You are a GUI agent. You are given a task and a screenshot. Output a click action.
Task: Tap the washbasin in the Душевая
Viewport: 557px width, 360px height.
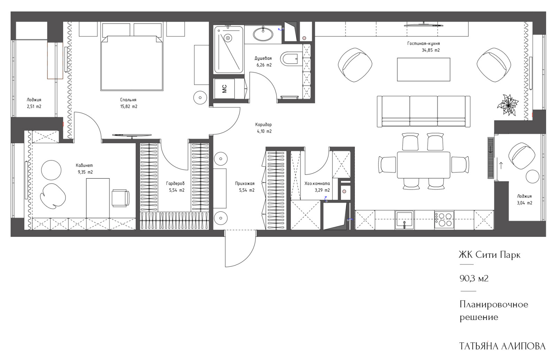coord(263,34)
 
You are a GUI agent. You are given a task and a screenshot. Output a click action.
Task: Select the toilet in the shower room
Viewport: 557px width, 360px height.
coord(289,59)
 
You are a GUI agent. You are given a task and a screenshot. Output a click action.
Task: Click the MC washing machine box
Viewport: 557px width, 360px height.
coord(225,89)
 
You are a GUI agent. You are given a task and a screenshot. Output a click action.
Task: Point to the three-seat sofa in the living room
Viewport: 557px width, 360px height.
coord(423,111)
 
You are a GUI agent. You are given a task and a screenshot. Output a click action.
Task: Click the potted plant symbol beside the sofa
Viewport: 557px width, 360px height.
coord(508,105)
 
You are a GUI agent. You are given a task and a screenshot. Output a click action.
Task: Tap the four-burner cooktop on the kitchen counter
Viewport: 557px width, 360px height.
coord(444,220)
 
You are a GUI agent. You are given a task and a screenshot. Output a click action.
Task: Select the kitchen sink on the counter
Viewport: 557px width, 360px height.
coord(404,220)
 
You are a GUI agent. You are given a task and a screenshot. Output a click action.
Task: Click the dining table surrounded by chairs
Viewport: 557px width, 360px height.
coord(423,165)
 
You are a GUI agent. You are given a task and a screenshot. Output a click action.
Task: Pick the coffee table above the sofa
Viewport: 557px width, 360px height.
coord(423,69)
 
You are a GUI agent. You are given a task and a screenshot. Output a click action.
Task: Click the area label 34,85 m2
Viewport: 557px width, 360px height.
coord(431,50)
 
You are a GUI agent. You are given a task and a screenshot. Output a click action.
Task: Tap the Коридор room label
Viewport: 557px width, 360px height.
coord(263,125)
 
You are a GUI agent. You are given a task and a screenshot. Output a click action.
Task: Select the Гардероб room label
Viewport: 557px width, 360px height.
coord(175,183)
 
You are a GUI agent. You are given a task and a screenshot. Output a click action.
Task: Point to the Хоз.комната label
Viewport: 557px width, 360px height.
coord(317,183)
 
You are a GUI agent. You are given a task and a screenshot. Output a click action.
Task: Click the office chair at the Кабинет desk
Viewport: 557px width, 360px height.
coord(120,198)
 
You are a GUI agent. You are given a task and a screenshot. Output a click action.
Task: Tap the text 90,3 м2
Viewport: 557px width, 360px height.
coord(474,279)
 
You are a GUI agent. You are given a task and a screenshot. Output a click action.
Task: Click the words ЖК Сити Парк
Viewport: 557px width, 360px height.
coord(489,255)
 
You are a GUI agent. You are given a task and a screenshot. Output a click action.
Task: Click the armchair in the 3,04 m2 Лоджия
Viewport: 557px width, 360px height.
coord(522,156)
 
